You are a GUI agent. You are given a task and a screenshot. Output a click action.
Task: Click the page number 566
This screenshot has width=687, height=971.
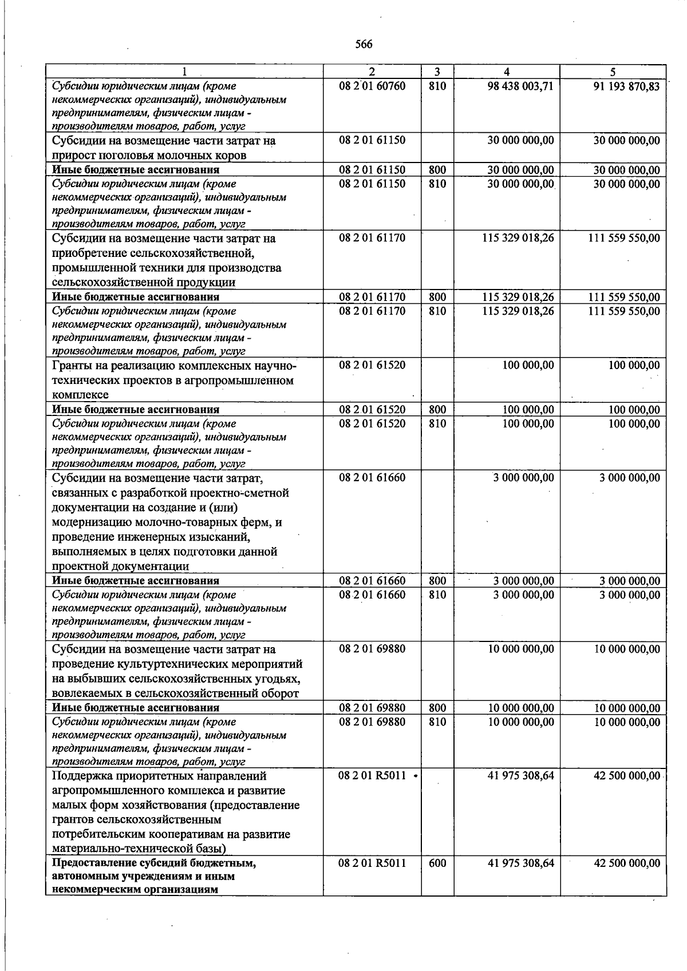click(364, 45)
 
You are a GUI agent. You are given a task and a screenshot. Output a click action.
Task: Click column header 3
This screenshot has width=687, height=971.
click(437, 72)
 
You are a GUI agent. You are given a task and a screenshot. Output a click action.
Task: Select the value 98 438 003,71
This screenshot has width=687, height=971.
click(520, 86)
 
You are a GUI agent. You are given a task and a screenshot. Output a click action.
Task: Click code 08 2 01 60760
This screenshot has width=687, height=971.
click(372, 86)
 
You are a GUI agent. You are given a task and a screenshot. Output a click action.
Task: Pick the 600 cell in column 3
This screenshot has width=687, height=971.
click(437, 863)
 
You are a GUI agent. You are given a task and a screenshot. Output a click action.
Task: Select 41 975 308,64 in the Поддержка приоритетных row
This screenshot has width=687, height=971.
click(520, 775)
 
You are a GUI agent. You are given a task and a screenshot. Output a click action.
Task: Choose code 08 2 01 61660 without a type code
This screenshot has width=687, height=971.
click(372, 477)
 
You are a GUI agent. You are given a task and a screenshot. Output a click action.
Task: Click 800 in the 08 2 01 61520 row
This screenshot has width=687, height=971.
click(437, 409)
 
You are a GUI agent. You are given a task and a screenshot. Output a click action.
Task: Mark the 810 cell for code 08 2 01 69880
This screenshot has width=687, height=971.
click(437, 722)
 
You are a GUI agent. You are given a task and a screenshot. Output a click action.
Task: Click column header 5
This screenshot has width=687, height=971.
click(613, 72)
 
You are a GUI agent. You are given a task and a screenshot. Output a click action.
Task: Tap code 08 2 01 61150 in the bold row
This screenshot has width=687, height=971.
click(372, 169)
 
